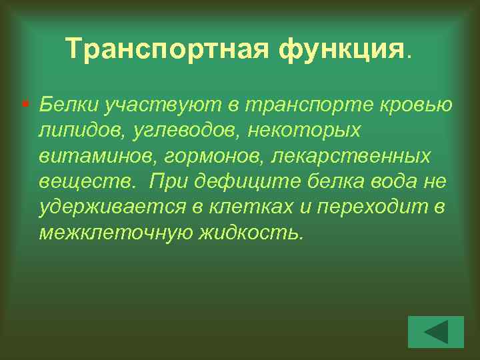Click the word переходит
tap(369, 207)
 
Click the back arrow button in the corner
tap(435, 331)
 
